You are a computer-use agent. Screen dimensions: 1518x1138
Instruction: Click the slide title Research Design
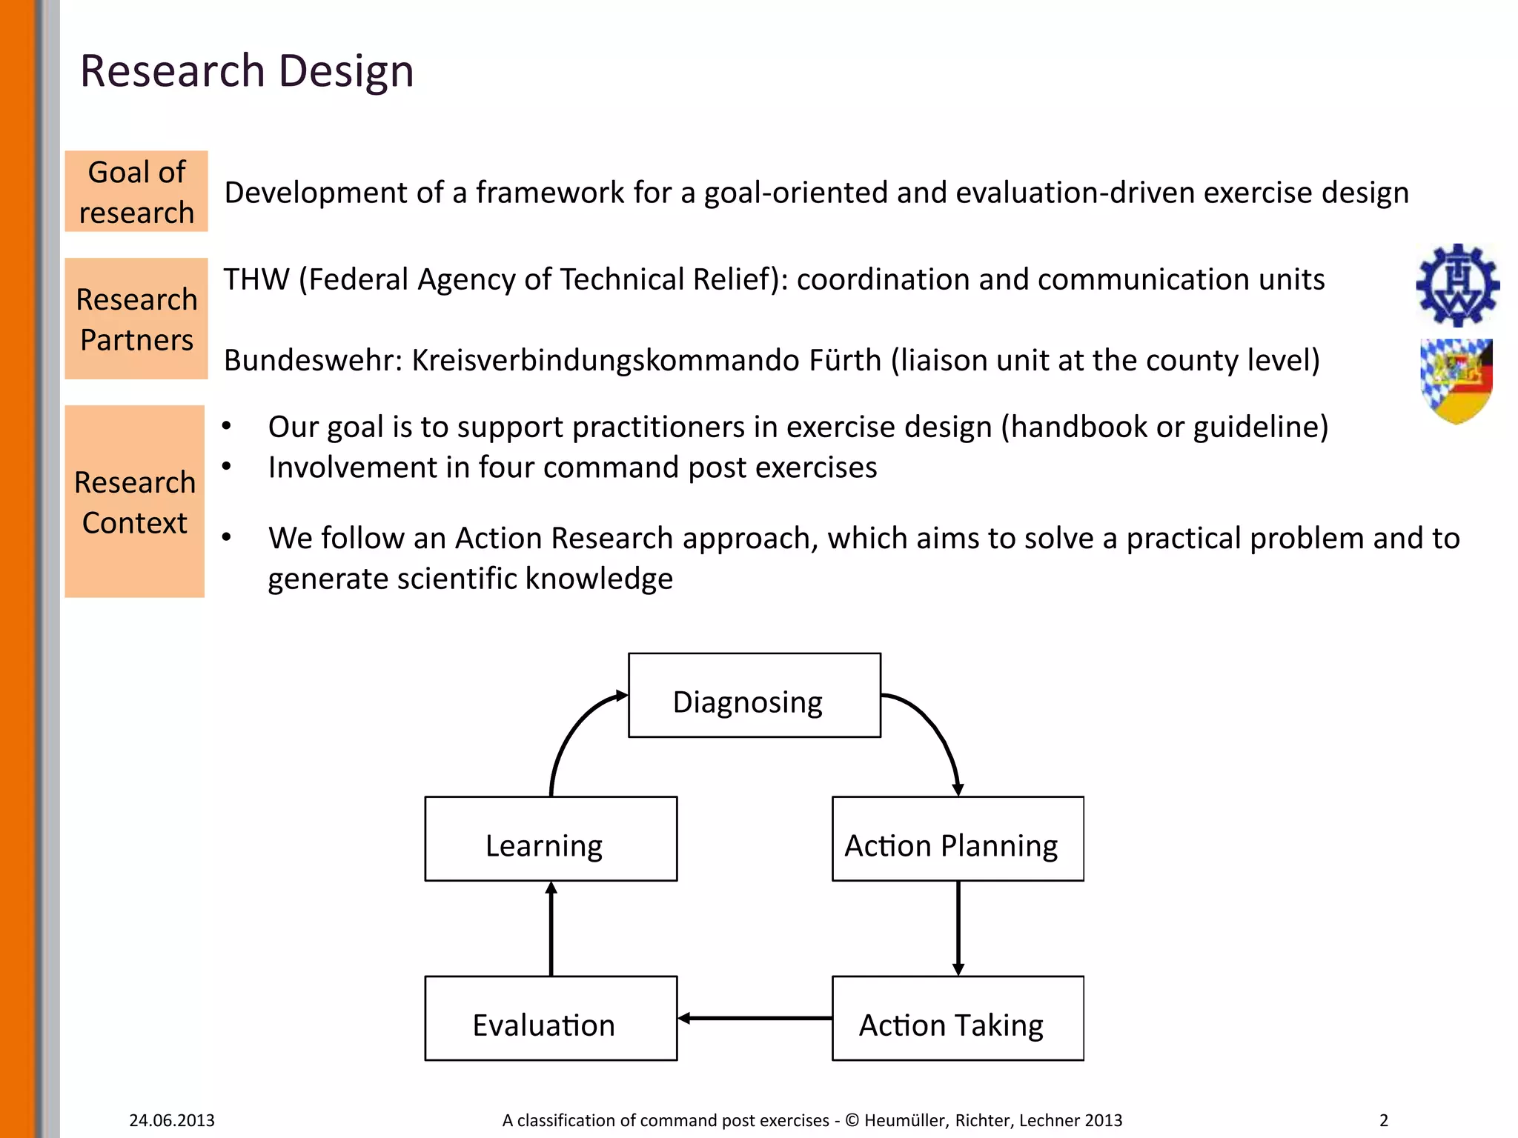point(246,71)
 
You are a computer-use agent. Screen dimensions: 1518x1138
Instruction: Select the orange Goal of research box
point(136,191)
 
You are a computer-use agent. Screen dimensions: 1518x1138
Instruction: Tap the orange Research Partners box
point(136,319)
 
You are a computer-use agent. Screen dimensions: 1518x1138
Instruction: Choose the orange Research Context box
point(135,502)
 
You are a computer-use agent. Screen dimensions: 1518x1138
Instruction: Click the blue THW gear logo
point(1457,285)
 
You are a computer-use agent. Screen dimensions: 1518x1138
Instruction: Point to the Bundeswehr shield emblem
point(1456,381)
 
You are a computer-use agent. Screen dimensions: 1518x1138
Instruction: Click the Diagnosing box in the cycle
point(754,696)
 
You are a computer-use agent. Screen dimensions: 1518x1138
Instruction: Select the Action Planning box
point(958,839)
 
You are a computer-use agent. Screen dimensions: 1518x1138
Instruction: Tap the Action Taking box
point(958,1018)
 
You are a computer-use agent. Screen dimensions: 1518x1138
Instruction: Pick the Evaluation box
point(551,1018)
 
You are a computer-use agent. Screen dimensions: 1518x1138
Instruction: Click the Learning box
point(551,839)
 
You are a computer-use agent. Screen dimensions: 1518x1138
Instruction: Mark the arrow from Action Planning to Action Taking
point(958,928)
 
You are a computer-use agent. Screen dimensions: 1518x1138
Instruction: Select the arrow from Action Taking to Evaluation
point(755,1018)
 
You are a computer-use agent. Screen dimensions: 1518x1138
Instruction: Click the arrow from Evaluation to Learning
point(551,928)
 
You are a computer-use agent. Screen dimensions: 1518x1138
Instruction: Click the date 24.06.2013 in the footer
point(172,1120)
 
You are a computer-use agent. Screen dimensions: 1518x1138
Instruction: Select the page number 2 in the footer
point(1383,1120)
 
